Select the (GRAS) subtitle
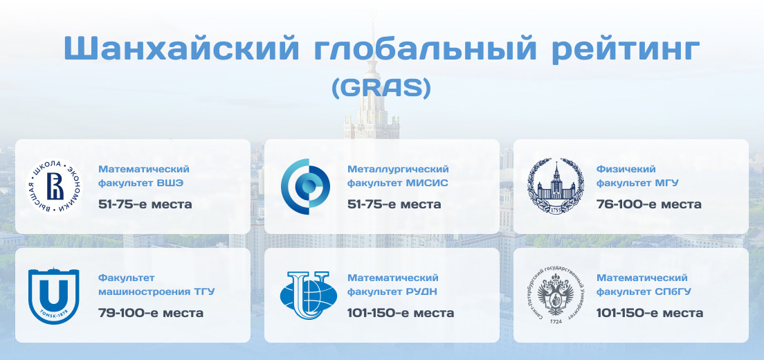[x=381, y=88]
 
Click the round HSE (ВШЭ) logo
[x=55, y=186]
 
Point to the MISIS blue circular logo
[x=305, y=186]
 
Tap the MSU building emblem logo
[x=555, y=186]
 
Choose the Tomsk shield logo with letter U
[x=53, y=295]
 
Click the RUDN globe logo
[x=309, y=296]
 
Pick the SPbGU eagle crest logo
[x=555, y=295]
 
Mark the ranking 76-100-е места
[x=649, y=204]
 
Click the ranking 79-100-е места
[x=151, y=313]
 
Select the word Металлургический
[x=398, y=169]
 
